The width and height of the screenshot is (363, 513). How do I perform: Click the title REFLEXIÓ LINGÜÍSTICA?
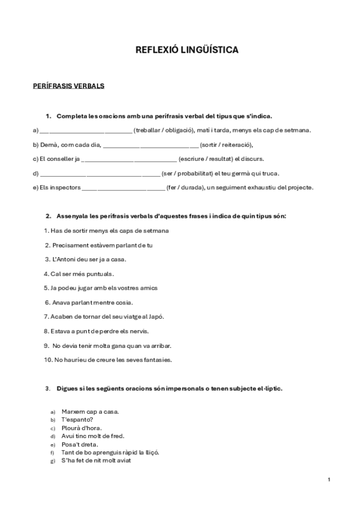pyautogui.click(x=187, y=50)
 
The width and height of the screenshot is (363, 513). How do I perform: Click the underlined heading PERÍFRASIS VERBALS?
pyautogui.click(x=68, y=86)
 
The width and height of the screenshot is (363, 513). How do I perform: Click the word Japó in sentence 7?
pyautogui.click(x=156, y=316)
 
